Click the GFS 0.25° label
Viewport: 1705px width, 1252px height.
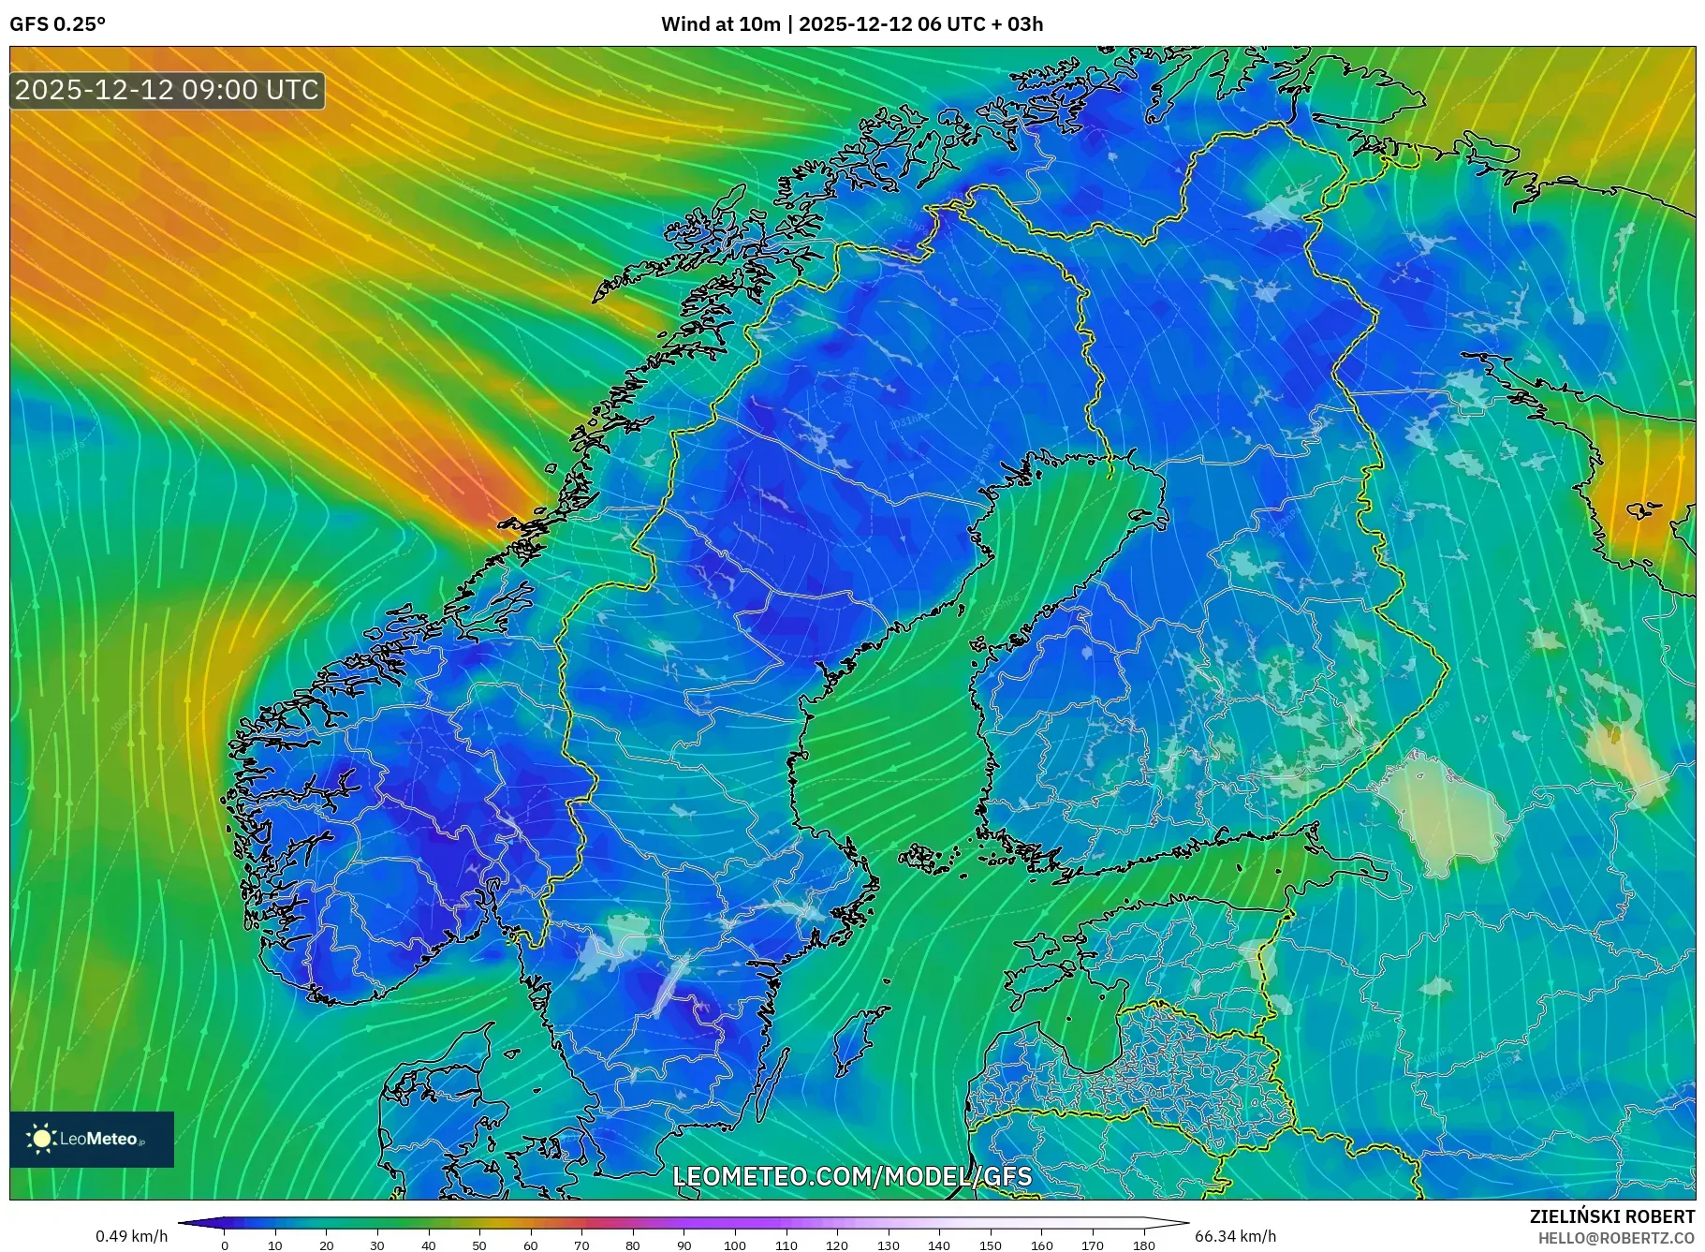(x=57, y=24)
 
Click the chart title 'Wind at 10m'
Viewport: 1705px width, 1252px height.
(x=720, y=24)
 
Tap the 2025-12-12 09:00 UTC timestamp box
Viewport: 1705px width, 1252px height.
(x=167, y=91)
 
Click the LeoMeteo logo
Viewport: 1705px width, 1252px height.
(x=92, y=1139)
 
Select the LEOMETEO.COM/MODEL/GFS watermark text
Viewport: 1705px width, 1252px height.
(x=852, y=1176)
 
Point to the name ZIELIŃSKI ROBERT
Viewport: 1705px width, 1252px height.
(x=1611, y=1216)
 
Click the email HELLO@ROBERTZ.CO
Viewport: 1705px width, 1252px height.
(x=1616, y=1238)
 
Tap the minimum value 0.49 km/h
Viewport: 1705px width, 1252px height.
(x=132, y=1236)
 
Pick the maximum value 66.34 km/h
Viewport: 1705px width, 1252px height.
(x=1235, y=1236)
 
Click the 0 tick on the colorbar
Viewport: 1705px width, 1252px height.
(x=225, y=1245)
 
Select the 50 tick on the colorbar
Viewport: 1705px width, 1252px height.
(x=479, y=1245)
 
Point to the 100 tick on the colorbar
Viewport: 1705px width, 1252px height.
(x=735, y=1245)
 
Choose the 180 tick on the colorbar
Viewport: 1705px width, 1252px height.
(x=1143, y=1245)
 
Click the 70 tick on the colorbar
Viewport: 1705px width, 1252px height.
(x=581, y=1245)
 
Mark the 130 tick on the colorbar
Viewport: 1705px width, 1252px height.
(x=889, y=1245)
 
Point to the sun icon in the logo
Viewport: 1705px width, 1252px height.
(x=41, y=1139)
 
